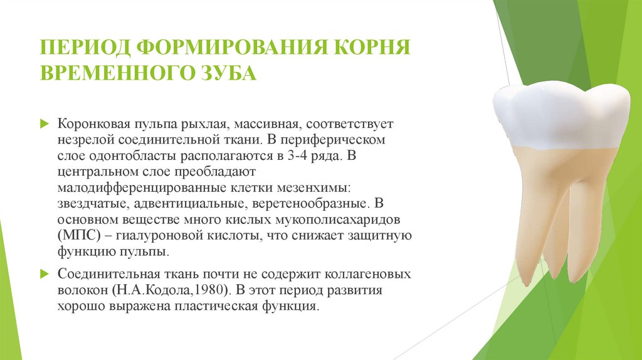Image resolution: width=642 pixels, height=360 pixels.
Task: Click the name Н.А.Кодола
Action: pos(150,292)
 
